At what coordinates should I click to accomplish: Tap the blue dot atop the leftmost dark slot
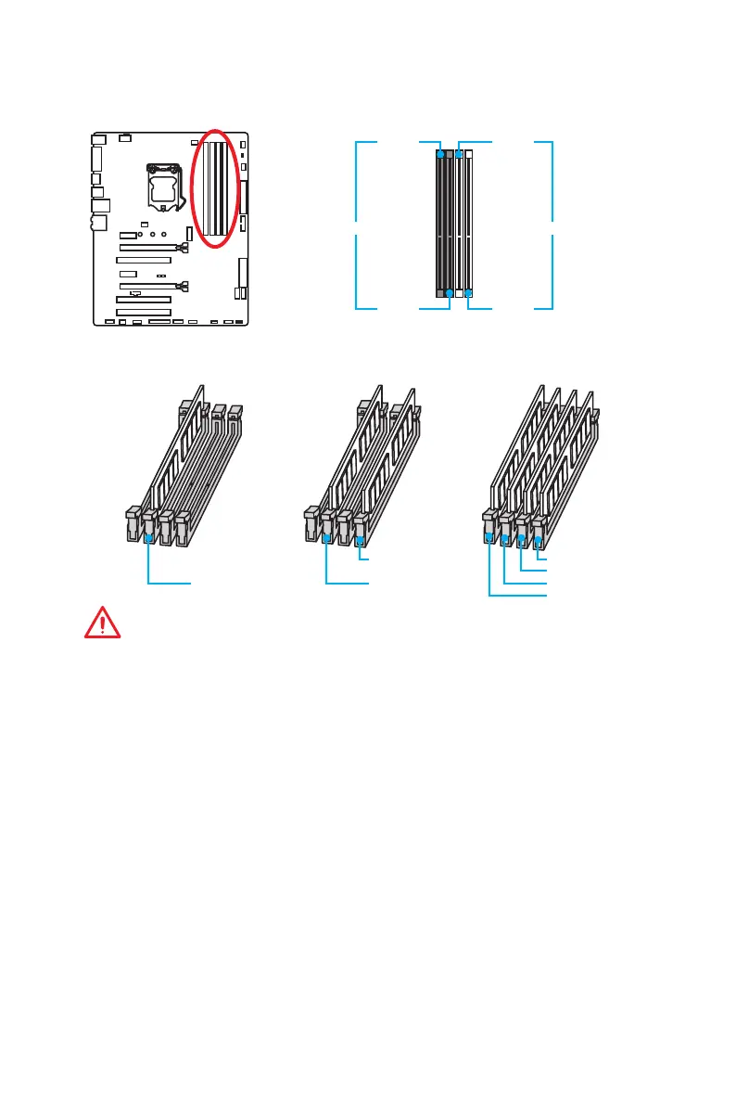(x=439, y=151)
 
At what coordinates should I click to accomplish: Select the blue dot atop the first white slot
(x=459, y=151)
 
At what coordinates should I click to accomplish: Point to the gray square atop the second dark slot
(x=449, y=151)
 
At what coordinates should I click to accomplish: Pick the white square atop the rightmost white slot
(x=468, y=151)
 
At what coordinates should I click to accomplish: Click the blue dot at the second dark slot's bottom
(x=449, y=293)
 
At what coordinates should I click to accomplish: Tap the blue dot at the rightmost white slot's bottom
(x=468, y=293)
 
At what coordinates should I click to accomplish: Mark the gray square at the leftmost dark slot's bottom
(x=439, y=293)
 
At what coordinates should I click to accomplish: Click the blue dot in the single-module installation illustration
(x=149, y=536)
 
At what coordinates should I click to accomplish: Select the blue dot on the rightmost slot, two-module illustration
(x=360, y=536)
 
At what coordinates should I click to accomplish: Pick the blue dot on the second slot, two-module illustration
(x=327, y=536)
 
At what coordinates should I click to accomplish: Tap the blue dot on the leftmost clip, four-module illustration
(x=489, y=535)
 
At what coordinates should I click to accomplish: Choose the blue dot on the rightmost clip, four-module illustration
(x=537, y=535)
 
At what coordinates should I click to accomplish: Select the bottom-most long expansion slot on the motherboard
(x=144, y=312)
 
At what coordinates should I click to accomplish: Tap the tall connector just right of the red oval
(x=246, y=196)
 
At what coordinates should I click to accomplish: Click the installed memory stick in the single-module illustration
(x=167, y=464)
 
